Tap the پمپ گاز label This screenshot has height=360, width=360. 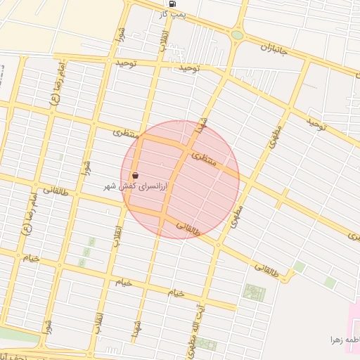tap(172, 14)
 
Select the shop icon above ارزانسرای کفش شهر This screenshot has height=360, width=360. tap(135, 176)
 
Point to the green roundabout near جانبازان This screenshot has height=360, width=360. tap(238, 34)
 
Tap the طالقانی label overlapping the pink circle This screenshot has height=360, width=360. tap(188, 229)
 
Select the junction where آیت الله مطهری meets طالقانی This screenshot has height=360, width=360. tap(218, 245)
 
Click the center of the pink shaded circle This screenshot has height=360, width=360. tap(180, 179)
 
